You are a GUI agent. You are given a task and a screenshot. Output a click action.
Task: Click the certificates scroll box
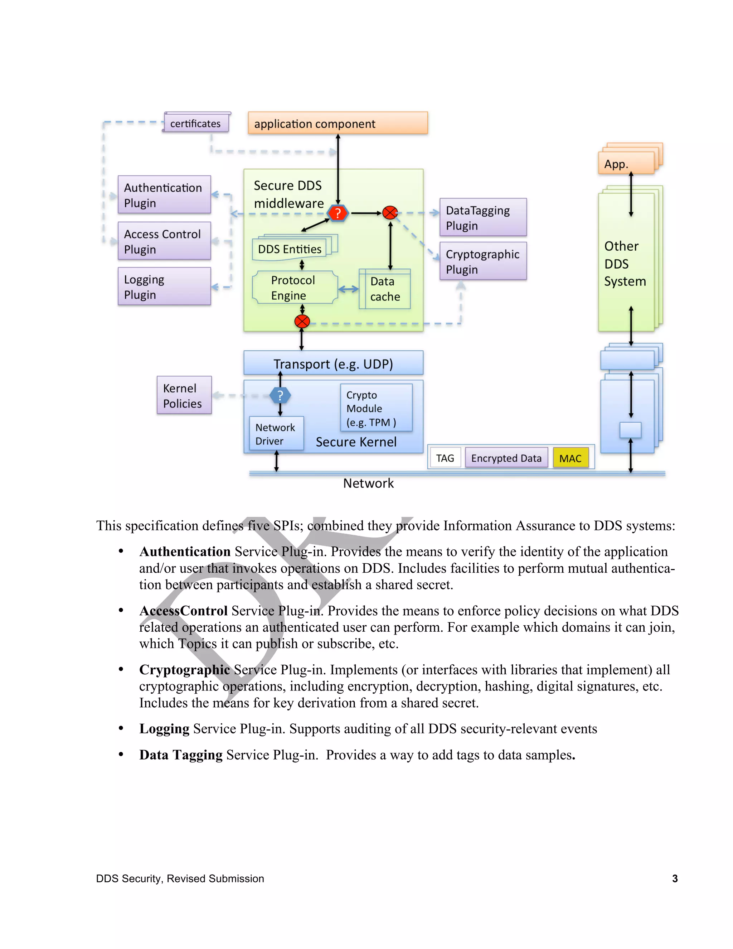tap(196, 123)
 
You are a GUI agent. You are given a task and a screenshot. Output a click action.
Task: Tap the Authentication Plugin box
tap(164, 195)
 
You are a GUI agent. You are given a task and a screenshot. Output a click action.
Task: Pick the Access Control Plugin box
tap(164, 241)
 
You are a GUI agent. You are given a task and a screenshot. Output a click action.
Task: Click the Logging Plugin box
tap(164, 286)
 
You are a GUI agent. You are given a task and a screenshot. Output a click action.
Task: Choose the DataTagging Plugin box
tap(483, 217)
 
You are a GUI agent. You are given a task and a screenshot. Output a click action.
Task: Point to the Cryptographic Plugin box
tap(483, 261)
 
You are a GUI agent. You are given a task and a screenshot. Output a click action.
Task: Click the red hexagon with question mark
tap(338, 213)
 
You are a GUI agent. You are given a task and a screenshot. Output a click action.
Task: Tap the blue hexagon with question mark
tap(280, 395)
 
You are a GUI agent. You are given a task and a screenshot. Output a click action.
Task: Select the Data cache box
tap(385, 289)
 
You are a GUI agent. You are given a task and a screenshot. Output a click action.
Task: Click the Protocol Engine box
tap(295, 287)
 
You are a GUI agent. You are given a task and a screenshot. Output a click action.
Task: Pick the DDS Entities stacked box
tap(290, 249)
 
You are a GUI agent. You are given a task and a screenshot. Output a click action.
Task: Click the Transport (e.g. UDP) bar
tap(333, 363)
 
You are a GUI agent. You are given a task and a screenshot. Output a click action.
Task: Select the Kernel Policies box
tap(184, 395)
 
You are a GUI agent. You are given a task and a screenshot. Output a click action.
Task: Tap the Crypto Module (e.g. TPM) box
tap(376, 408)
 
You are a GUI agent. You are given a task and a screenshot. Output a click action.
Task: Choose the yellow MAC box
tap(571, 458)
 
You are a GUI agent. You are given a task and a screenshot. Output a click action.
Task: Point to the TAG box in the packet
tap(445, 458)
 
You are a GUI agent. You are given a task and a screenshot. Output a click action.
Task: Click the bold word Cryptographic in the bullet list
tap(185, 670)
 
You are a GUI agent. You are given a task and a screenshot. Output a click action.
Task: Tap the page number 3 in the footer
tap(674, 878)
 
